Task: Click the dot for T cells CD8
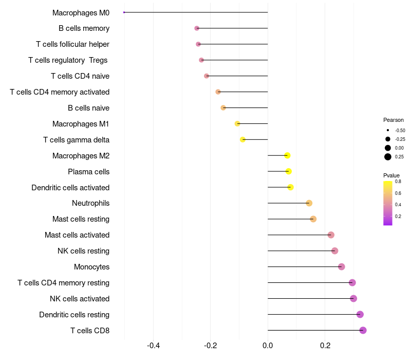(x=363, y=330)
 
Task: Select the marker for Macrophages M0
(x=124, y=12)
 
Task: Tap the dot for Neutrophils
(x=309, y=203)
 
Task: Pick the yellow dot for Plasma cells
(x=289, y=171)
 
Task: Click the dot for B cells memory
(x=197, y=28)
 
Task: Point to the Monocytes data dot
(x=342, y=266)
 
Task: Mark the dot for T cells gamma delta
(x=243, y=139)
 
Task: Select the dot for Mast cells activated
(x=331, y=235)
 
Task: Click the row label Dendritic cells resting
(x=74, y=314)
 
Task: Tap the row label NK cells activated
(x=80, y=298)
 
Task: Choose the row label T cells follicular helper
(x=72, y=44)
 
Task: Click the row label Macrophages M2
(x=81, y=155)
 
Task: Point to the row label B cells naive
(x=88, y=108)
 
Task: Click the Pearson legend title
(x=394, y=120)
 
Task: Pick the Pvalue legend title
(x=391, y=175)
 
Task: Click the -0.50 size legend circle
(x=388, y=130)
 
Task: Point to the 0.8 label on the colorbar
(x=398, y=182)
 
